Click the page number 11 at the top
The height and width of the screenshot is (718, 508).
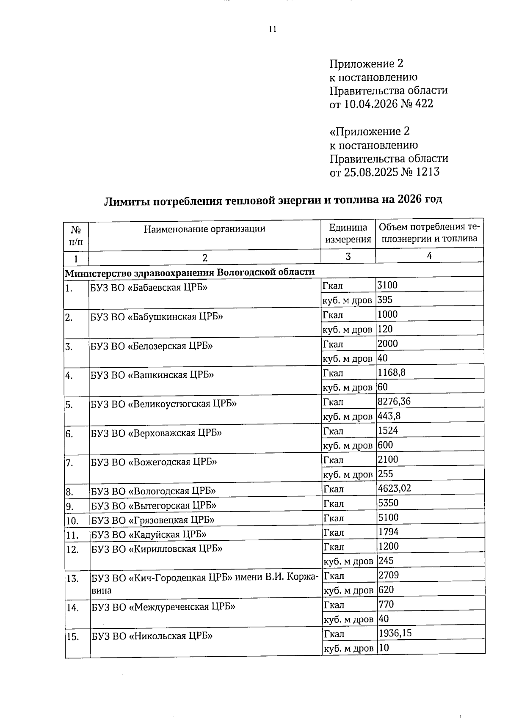coord(272,29)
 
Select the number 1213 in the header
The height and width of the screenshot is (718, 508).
coord(427,172)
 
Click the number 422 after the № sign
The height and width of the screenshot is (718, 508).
coord(424,104)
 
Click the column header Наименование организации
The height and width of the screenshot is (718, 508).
coord(204,229)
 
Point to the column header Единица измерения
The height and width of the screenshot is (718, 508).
coord(348,233)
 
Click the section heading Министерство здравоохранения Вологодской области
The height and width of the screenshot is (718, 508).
coord(190,272)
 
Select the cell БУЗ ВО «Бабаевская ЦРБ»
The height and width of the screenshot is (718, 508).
coord(149,288)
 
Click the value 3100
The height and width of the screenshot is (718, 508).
coord(387,285)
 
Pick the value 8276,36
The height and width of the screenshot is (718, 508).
coord(394,401)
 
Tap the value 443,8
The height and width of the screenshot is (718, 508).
coord(389,416)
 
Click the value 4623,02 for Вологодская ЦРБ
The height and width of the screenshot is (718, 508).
coord(394,488)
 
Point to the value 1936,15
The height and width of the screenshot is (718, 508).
coord(395,633)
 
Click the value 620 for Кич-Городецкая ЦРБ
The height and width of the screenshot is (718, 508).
coord(386,590)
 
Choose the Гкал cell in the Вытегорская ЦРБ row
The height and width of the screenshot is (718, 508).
coord(334,503)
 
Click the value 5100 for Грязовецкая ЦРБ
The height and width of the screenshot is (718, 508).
coord(388,517)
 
